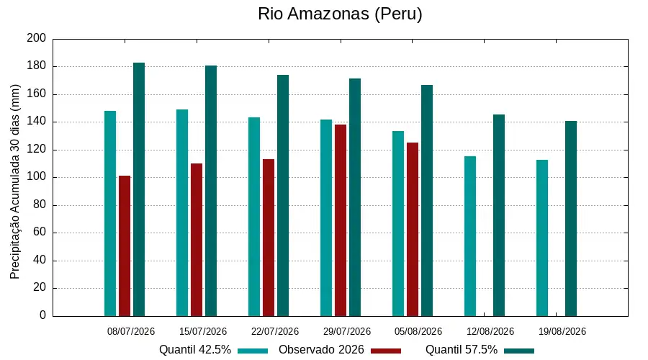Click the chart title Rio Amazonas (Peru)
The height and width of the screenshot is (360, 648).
[340, 14]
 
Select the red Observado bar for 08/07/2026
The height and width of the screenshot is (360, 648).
[125, 246]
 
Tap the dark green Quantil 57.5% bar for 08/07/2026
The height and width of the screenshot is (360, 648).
[139, 189]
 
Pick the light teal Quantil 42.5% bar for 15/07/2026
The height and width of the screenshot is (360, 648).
[182, 213]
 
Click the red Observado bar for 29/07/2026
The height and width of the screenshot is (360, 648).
[341, 220]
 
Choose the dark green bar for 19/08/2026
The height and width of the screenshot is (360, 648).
[571, 219]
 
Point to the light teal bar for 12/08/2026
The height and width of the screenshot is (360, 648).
[470, 236]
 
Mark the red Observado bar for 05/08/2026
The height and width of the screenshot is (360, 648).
[413, 230]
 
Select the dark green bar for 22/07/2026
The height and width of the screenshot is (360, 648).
[283, 196]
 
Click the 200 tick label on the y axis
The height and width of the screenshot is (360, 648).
[37, 38]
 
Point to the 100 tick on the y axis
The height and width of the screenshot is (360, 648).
[37, 177]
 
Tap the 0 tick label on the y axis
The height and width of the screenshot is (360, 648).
[42, 315]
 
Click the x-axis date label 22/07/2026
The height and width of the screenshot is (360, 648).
[275, 331]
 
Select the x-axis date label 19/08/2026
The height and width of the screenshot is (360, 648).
[562, 331]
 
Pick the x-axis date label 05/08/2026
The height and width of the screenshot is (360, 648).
[418, 331]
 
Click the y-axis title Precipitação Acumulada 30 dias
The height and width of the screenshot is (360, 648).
[15, 182]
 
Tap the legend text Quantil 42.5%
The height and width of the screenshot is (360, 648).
[195, 350]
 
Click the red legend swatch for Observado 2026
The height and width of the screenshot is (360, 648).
[386, 351]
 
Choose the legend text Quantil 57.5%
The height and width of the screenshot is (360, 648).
[462, 350]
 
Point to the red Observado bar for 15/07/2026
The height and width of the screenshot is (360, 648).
[197, 240]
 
